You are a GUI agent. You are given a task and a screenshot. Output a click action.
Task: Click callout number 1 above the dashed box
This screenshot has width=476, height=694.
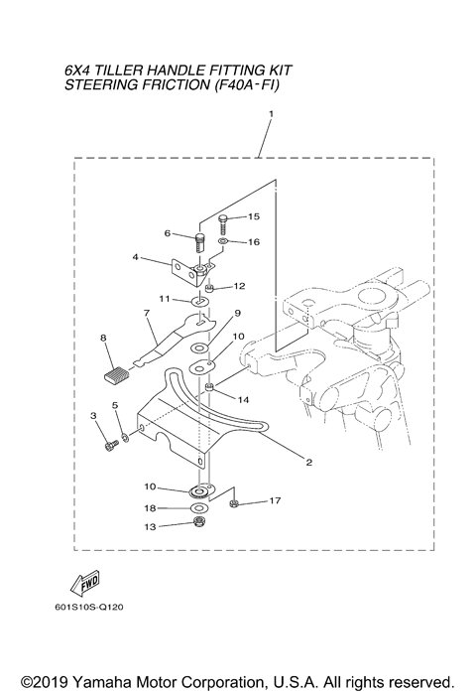pos(269,115)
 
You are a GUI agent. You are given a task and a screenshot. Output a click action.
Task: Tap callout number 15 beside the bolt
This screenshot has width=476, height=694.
pos(252,215)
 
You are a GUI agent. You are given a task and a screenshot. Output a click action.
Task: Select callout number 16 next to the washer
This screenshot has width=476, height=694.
pos(252,241)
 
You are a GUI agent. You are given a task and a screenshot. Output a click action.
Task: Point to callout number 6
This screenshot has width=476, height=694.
pos(169,233)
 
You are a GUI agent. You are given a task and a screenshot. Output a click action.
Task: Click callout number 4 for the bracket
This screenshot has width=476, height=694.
pos(135,258)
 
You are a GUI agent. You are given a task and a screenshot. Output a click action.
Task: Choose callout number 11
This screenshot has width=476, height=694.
pos(165,298)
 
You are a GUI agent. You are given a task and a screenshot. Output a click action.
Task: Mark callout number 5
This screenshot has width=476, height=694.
pos(115,406)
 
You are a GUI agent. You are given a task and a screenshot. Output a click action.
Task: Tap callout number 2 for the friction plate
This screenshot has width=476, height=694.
pos(308,463)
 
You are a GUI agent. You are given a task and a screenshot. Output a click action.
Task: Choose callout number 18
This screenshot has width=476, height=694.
pos(151,508)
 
